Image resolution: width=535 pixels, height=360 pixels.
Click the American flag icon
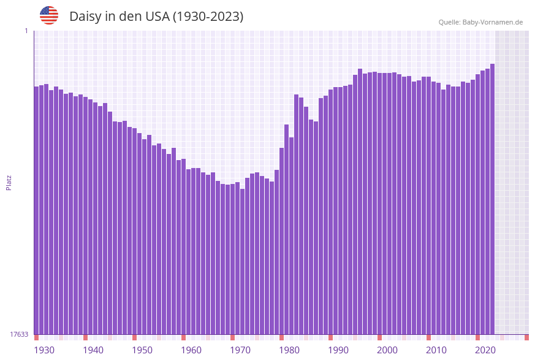pyautogui.click(x=49, y=15)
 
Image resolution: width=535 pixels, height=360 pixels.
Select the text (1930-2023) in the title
pyautogui.click(x=208, y=17)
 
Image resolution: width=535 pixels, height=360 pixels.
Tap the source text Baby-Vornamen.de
pyautogui.click(x=492, y=22)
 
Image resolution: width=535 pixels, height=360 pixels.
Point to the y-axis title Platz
pyautogui.click(x=9, y=182)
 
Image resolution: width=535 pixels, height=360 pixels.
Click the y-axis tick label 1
pyautogui.click(x=26, y=31)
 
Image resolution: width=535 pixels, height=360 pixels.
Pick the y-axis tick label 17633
pyautogui.click(x=19, y=334)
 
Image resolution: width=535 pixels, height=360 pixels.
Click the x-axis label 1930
pyautogui.click(x=44, y=350)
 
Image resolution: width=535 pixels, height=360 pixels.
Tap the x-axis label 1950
pyautogui.click(x=142, y=350)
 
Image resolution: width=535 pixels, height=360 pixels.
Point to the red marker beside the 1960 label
pyautogui.click(x=183, y=337)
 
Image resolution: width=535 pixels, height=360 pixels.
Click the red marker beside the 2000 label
pyautogui.click(x=379, y=337)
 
